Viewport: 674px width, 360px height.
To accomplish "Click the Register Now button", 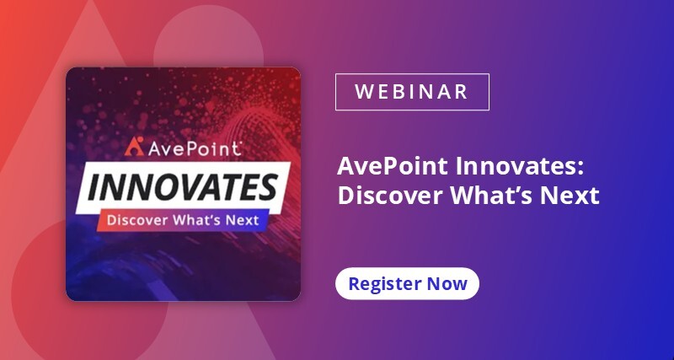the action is pyautogui.click(x=407, y=283).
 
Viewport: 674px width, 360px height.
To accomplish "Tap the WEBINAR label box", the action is pyautogui.click(x=412, y=92).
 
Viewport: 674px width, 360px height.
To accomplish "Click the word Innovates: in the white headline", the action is pyautogui.click(x=520, y=166).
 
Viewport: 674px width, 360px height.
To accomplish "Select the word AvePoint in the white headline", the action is pyautogui.click(x=393, y=166).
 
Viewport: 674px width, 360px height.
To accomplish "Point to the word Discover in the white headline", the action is pyautogui.click(x=391, y=196).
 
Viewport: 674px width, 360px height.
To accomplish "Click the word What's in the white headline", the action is pyautogui.click(x=492, y=196).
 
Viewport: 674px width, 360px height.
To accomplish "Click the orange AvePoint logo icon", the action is pyautogui.click(x=134, y=146).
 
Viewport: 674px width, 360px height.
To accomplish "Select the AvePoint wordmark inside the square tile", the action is pyautogui.click(x=194, y=148).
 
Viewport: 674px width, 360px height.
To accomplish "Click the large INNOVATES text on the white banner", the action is pyautogui.click(x=183, y=187).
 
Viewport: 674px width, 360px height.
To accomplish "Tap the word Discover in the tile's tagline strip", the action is pyautogui.click(x=137, y=220).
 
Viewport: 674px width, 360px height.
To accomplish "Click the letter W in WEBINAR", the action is pyautogui.click(x=364, y=92).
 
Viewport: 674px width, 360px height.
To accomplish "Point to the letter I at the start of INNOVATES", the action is pyautogui.click(x=94, y=188).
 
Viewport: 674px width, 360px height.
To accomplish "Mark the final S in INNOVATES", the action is pyautogui.click(x=267, y=187).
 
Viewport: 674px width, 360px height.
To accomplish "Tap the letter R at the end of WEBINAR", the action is pyautogui.click(x=462, y=92).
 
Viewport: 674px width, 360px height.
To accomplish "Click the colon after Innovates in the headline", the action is pyautogui.click(x=581, y=169).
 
